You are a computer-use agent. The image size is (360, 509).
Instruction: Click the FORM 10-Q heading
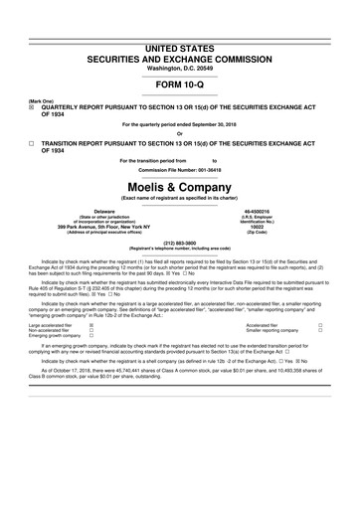click(180, 84)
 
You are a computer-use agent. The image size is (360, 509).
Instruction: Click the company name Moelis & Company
click(180, 186)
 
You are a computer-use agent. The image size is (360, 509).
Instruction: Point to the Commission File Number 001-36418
click(180, 169)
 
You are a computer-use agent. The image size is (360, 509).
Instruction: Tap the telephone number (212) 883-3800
click(180, 242)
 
